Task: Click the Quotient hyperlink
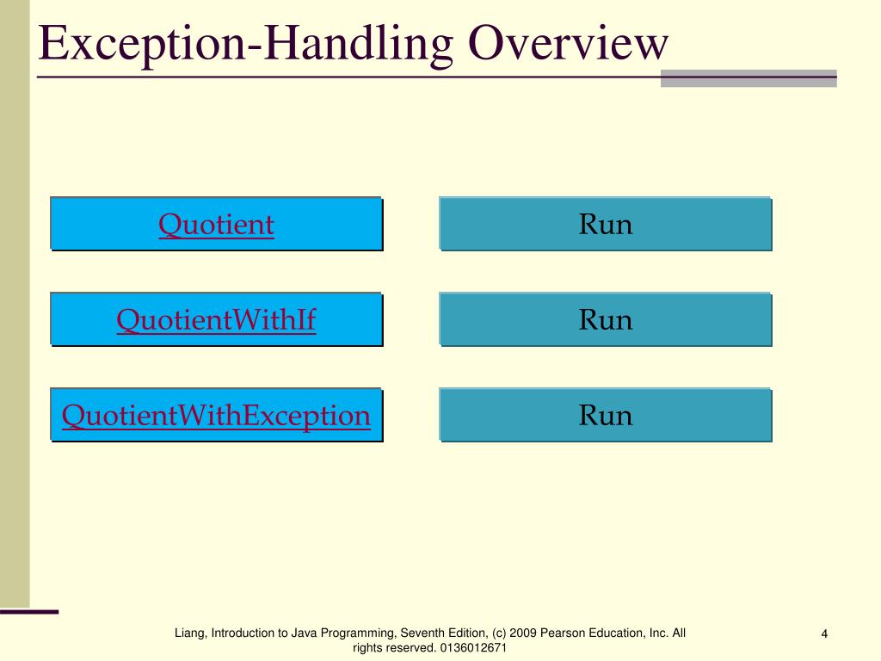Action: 216,225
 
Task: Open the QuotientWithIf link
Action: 216,320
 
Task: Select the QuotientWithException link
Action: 216,416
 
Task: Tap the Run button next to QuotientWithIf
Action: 606,320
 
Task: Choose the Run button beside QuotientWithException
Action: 606,416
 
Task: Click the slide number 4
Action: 824,635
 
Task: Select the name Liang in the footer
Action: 191,633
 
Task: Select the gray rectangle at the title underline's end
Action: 749,78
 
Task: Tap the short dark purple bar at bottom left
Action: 29,612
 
